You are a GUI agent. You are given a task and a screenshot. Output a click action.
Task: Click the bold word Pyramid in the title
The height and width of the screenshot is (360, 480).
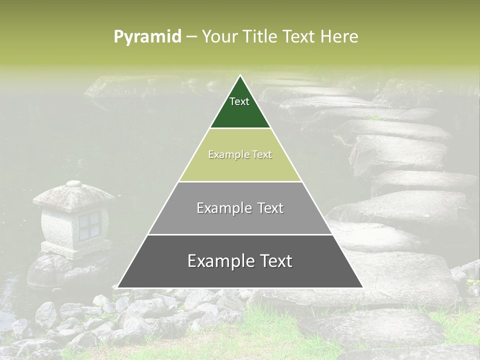(147, 37)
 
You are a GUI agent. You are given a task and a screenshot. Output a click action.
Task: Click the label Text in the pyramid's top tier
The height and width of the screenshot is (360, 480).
(239, 101)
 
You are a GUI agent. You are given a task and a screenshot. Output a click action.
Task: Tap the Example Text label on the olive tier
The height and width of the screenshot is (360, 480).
(240, 154)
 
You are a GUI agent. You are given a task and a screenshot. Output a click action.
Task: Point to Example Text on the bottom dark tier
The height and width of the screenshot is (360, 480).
(240, 261)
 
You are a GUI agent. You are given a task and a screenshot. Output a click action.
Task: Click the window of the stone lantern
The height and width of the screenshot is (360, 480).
(90, 223)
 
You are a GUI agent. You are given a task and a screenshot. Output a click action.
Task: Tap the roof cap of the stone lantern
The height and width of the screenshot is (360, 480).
(74, 184)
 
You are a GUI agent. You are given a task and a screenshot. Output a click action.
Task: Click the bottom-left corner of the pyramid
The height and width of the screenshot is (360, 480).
(118, 287)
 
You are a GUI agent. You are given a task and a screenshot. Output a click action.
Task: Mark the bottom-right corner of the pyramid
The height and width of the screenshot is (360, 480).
(362, 287)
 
